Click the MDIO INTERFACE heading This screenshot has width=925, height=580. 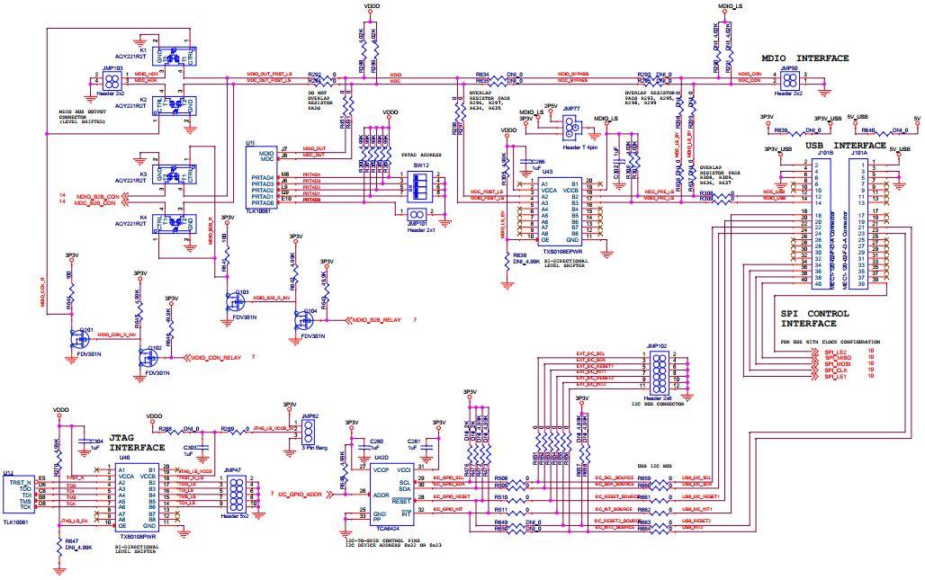coord(804,58)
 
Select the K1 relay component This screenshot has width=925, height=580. coord(171,57)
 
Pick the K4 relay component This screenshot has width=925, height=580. coord(171,221)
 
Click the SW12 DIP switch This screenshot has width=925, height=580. coord(416,186)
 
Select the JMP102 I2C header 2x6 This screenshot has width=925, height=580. coord(660,370)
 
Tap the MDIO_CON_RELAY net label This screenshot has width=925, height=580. coord(215,358)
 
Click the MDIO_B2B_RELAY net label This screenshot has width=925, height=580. coord(377,319)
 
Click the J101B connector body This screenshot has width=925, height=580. coord(822,220)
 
